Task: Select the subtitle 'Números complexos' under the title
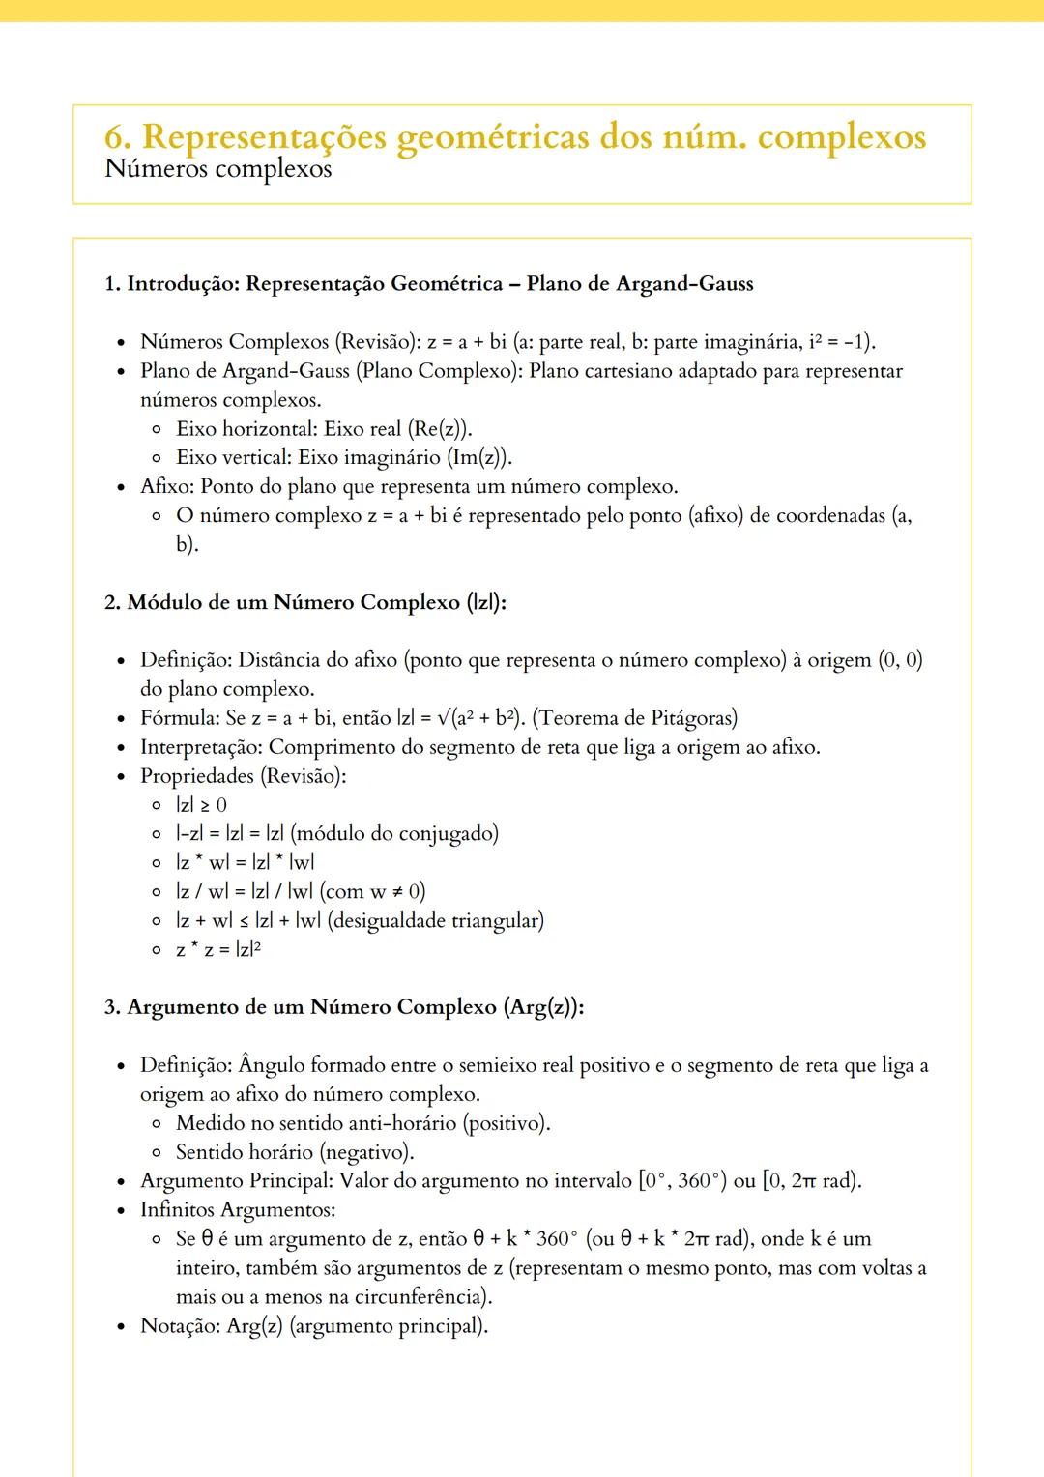click(217, 169)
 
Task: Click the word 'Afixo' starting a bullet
click(165, 486)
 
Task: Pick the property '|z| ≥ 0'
click(201, 805)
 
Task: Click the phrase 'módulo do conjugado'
click(394, 834)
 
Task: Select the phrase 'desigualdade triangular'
click(436, 920)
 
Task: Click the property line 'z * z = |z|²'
click(218, 949)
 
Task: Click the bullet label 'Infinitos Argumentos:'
click(238, 1210)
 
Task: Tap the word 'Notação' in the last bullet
click(179, 1326)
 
